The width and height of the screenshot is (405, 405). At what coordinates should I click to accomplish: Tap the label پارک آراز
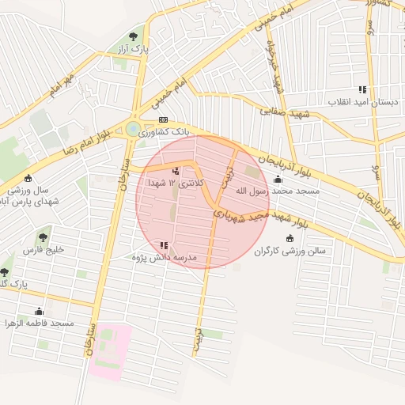134,49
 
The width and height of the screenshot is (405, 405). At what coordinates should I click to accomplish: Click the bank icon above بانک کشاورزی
163,119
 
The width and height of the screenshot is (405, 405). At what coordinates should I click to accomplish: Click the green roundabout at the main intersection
133,128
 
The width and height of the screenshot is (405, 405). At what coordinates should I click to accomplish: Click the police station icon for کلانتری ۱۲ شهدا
175,170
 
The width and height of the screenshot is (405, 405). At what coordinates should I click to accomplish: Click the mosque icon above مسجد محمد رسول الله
277,179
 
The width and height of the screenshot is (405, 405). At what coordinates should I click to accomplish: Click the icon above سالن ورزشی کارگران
290,238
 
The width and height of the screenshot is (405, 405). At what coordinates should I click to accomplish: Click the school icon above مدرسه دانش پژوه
164,245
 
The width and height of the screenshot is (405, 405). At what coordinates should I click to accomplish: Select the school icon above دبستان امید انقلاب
362,89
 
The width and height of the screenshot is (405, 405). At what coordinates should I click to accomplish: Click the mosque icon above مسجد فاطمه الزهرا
39,311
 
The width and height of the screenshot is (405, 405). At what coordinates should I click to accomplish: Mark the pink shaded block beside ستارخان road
110,349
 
